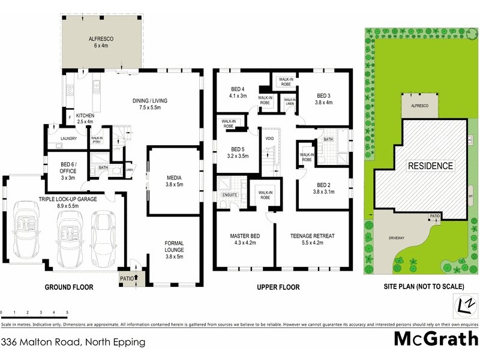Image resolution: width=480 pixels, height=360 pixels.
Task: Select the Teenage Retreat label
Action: click(x=311, y=239)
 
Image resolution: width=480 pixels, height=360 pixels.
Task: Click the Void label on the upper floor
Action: click(x=269, y=139)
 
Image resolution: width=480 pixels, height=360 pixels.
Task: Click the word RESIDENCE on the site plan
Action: click(x=431, y=165)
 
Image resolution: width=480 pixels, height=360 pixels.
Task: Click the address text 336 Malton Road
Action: click(x=73, y=343)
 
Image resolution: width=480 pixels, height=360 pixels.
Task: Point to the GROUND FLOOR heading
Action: click(x=70, y=287)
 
